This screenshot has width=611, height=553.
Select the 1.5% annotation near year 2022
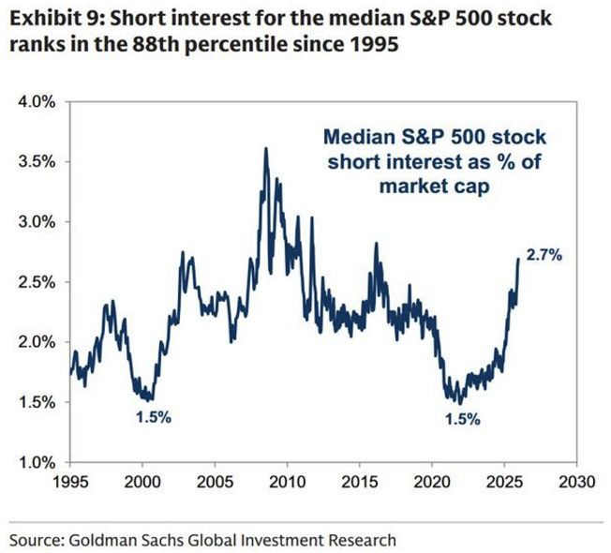462,420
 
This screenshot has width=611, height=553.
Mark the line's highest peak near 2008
266,149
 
